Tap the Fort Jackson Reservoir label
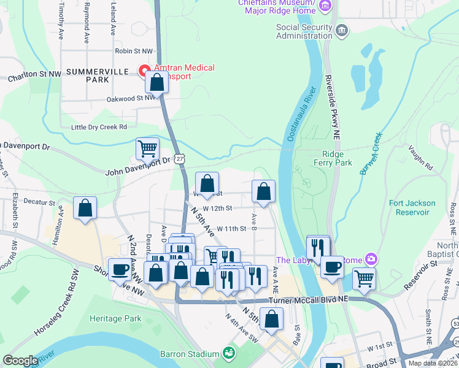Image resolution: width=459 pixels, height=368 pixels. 412,207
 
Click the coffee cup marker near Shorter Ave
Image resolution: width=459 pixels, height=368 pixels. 120,269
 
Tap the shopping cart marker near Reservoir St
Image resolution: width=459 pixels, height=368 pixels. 364,278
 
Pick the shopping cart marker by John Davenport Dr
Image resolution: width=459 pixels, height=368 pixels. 147,148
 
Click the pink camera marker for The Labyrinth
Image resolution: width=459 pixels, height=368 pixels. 370,260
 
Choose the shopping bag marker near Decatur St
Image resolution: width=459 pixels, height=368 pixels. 85,208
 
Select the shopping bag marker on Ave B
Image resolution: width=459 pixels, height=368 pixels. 263,191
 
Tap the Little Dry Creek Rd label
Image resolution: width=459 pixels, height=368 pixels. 99,127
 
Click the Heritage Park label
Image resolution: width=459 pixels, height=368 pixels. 115,318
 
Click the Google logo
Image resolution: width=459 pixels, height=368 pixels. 20,360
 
